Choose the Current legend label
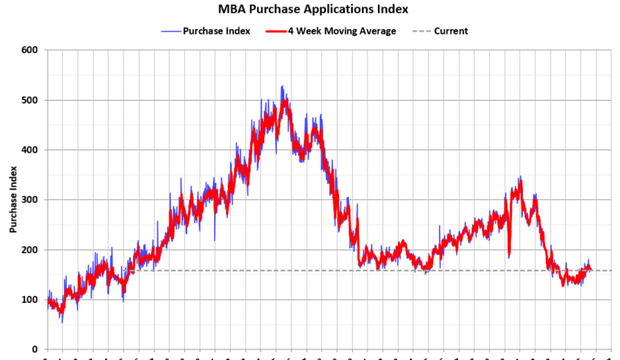click(x=450, y=31)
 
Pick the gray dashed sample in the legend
click(x=421, y=31)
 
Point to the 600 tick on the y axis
click(x=30, y=50)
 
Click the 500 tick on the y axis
click(x=30, y=100)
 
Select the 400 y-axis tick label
click(x=30, y=150)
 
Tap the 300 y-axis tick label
click(x=30, y=200)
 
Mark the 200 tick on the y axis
click(x=30, y=250)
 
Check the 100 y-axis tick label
click(x=30, y=300)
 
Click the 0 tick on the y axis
click(x=35, y=350)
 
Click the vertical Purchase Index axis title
click(x=13, y=200)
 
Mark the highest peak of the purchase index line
click(x=282, y=86)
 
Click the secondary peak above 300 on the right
click(x=520, y=178)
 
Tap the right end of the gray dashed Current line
click(x=610, y=270)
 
